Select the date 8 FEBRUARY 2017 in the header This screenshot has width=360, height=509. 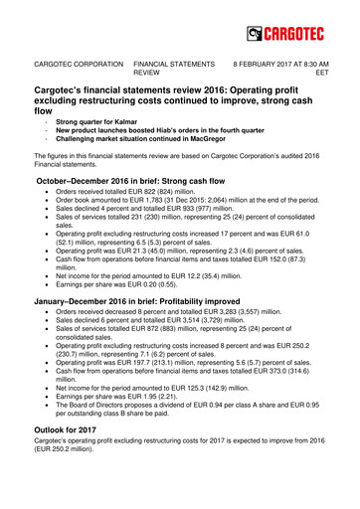coord(264,62)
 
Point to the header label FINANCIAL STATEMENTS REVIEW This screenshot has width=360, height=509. coord(169,67)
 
